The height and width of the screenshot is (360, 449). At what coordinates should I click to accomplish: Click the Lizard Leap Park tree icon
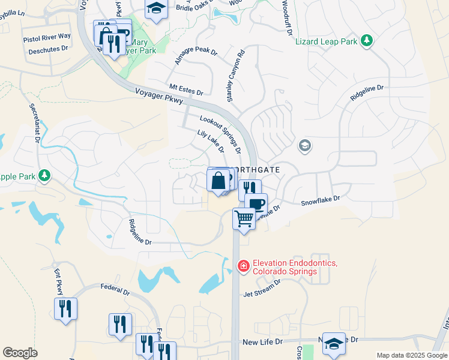click(x=366, y=41)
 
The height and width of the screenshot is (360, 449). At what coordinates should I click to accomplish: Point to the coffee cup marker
click(x=256, y=203)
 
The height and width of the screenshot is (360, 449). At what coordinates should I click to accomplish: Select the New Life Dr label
click(x=262, y=342)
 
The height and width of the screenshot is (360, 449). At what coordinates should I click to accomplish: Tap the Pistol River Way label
click(x=47, y=37)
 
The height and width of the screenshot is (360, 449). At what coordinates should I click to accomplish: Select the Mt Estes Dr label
click(x=187, y=89)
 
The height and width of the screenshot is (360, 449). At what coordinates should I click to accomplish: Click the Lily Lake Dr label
click(x=210, y=141)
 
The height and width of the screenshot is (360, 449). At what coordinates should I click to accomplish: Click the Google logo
click(x=20, y=353)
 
